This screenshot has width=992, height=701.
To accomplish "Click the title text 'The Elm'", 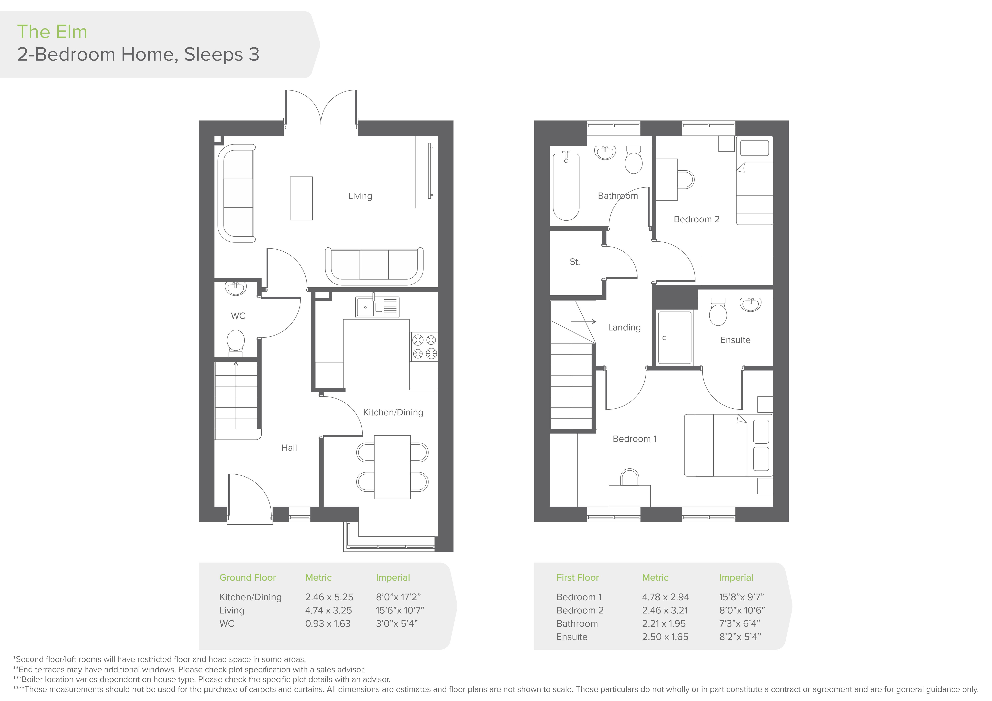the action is tap(52, 32).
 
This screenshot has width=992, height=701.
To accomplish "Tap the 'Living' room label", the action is tap(360, 196).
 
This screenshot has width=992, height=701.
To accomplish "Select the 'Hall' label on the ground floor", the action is tap(289, 448).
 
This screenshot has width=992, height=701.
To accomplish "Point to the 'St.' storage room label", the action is tap(575, 262).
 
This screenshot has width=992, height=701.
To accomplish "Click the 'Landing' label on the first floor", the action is tap(624, 328).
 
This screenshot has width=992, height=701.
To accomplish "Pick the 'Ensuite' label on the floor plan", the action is tap(735, 340).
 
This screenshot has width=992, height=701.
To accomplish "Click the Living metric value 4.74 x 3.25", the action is tap(328, 610).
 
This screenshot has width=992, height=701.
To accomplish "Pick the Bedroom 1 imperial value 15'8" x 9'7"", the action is tap(741, 597).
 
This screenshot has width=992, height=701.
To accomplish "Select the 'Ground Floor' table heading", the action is tap(248, 578).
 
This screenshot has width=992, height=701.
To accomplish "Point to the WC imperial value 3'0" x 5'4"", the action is tap(397, 623).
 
